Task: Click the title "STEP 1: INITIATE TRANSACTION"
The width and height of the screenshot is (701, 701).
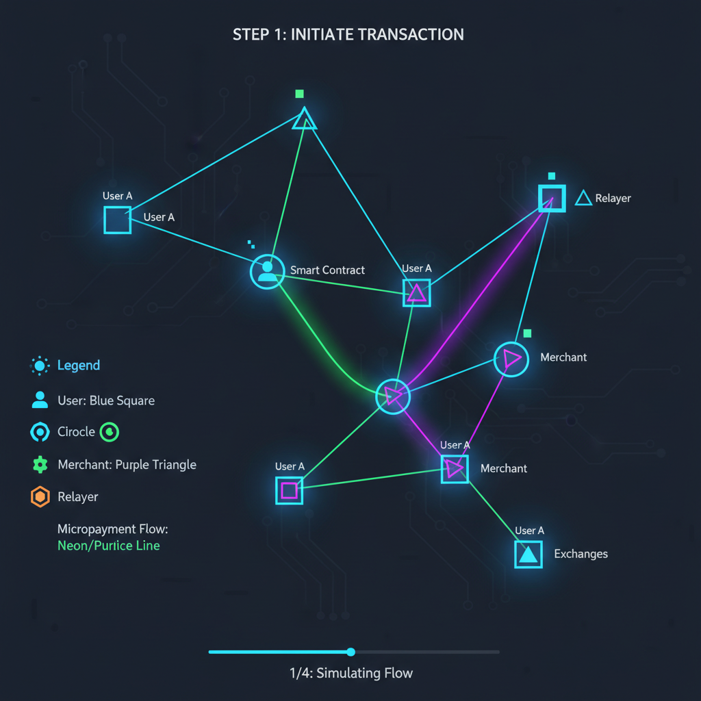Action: (x=348, y=34)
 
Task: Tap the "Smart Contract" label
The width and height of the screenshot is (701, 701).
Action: (x=327, y=270)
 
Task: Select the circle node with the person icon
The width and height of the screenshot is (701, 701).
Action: (x=267, y=272)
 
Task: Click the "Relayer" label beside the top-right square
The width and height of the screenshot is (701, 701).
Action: (x=613, y=199)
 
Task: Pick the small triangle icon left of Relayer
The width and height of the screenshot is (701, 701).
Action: (x=583, y=199)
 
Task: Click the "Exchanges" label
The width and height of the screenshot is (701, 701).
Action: (x=581, y=554)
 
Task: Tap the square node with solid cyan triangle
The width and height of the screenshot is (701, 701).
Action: (x=528, y=554)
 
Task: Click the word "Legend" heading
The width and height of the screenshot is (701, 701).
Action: (x=78, y=366)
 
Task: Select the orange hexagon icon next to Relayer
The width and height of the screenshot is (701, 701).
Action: (x=40, y=497)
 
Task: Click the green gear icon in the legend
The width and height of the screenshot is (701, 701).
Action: (x=40, y=465)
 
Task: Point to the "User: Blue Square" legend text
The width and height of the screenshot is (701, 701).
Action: (x=106, y=400)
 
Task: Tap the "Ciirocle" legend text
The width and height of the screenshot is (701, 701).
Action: (x=76, y=432)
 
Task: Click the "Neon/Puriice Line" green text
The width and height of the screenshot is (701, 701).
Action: (x=109, y=546)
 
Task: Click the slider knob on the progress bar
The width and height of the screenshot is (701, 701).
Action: (x=351, y=652)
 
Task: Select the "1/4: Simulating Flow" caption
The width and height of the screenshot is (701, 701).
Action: (x=351, y=673)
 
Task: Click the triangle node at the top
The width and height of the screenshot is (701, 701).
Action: (x=304, y=120)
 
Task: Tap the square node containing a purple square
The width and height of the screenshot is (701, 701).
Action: (x=289, y=490)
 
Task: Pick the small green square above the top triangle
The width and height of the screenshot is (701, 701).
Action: (x=299, y=94)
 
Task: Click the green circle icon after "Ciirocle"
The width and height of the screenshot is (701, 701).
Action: (x=110, y=432)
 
